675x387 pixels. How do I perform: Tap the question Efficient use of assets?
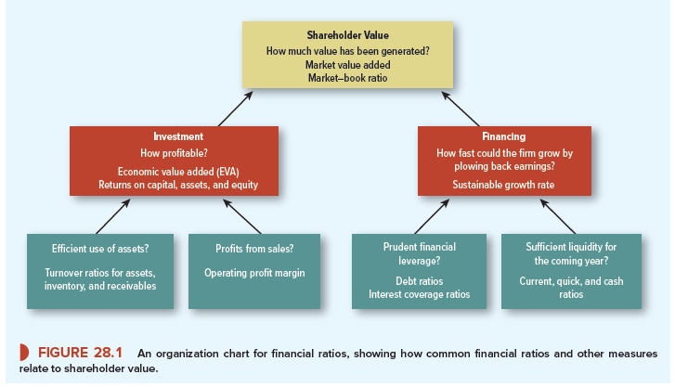(x=101, y=249)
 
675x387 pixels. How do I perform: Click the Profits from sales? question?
(x=254, y=249)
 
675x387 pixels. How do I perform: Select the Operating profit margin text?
(x=254, y=273)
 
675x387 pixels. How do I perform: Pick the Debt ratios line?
(x=419, y=279)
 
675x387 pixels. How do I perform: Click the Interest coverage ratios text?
(x=419, y=294)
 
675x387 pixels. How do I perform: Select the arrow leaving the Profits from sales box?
(x=244, y=218)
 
